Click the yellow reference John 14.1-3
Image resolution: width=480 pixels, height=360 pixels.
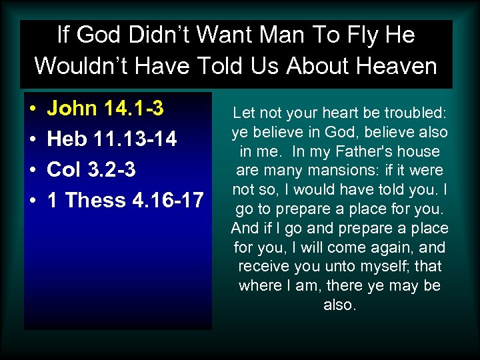pos(106,109)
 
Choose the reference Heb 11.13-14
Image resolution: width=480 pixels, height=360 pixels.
pos(112,139)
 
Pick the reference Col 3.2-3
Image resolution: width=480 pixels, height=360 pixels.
pos(91,170)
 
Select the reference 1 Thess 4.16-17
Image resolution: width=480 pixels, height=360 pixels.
pos(125,200)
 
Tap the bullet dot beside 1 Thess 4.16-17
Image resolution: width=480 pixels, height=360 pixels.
pos(32,201)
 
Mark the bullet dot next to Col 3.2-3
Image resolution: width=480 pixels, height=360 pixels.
pos(32,171)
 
